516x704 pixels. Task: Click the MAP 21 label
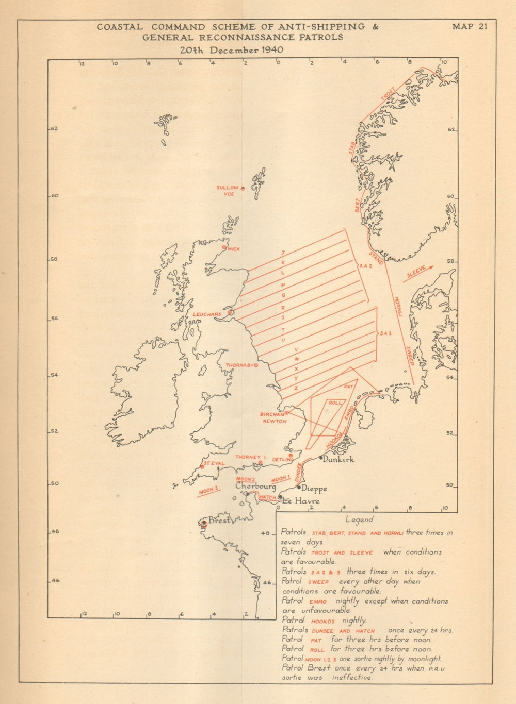click(x=469, y=27)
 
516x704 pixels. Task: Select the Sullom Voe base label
click(x=227, y=191)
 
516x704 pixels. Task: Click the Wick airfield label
click(x=233, y=249)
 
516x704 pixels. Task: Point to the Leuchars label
click(x=206, y=314)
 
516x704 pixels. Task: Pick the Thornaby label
click(x=238, y=365)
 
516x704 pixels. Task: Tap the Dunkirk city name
click(x=338, y=459)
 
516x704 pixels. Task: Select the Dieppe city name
click(x=315, y=489)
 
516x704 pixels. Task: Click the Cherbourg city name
click(x=255, y=486)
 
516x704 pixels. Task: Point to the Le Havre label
click(x=301, y=501)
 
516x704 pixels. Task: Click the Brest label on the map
click(x=218, y=521)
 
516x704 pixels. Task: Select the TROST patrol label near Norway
click(x=388, y=95)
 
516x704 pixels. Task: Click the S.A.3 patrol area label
click(x=386, y=334)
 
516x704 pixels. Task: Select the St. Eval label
click(x=213, y=463)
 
